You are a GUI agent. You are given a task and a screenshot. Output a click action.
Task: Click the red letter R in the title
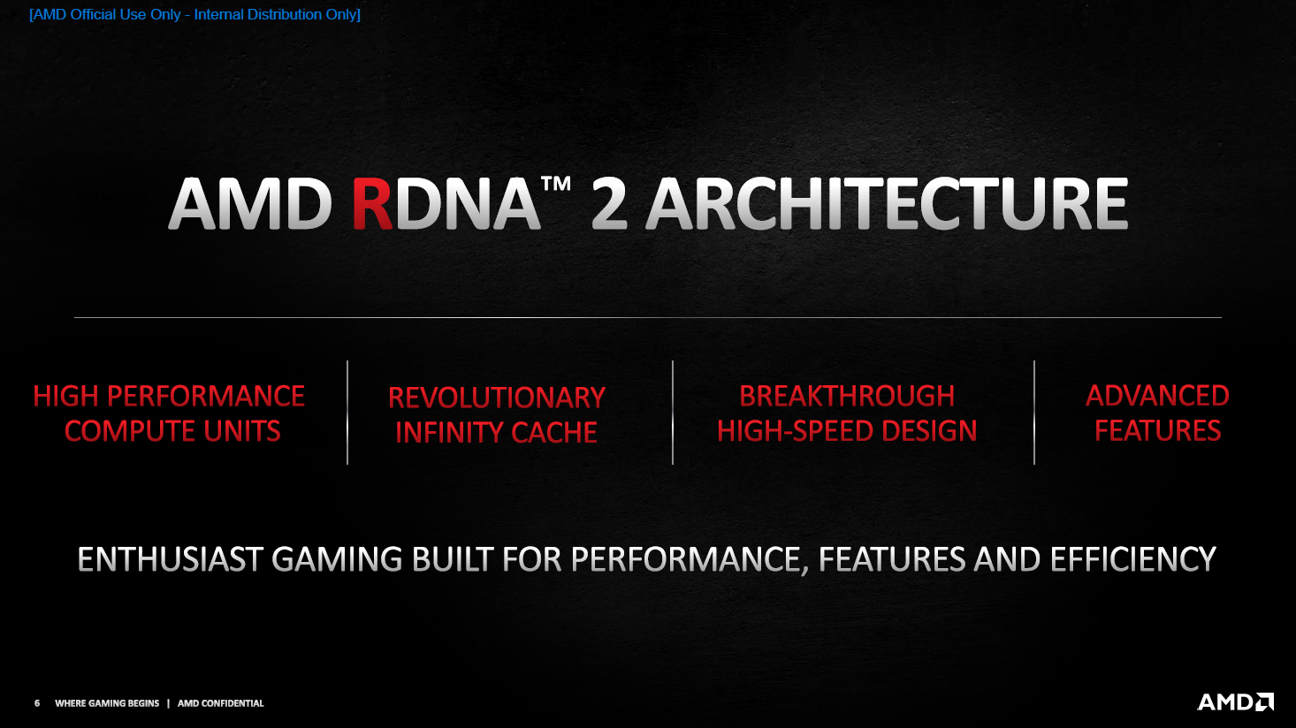pos(372,205)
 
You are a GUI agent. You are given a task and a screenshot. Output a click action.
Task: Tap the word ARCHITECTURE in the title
pos(887,205)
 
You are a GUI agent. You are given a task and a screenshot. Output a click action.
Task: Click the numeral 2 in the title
pos(609,205)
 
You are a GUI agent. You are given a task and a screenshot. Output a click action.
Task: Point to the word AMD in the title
pos(250,205)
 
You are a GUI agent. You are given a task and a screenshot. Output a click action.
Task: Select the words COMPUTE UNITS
pos(172,431)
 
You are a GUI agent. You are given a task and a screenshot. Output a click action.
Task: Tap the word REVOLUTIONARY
pos(497,398)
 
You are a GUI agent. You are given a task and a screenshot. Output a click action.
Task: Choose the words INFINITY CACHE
pos(496,433)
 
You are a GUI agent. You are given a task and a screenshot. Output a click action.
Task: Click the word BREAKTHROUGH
pos(847,396)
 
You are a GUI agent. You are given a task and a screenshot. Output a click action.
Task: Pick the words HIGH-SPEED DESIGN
pos(847,431)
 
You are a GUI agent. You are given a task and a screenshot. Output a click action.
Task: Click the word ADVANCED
pos(1157,396)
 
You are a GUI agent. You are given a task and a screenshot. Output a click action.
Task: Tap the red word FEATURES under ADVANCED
pos(1157,431)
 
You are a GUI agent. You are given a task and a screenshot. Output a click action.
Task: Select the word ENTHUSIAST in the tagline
pos(171,559)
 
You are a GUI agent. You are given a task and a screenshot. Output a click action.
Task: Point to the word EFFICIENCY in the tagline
pos(1132,559)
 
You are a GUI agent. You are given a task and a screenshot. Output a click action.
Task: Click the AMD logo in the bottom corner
pos(1235,702)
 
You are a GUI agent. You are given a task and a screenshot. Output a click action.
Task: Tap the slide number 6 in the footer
pos(37,703)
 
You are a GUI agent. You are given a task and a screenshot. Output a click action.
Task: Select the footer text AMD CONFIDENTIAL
pos(221,703)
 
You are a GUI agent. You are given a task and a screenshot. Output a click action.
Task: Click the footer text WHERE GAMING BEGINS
pos(107,703)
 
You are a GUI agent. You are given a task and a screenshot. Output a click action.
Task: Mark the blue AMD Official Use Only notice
pos(194,15)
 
